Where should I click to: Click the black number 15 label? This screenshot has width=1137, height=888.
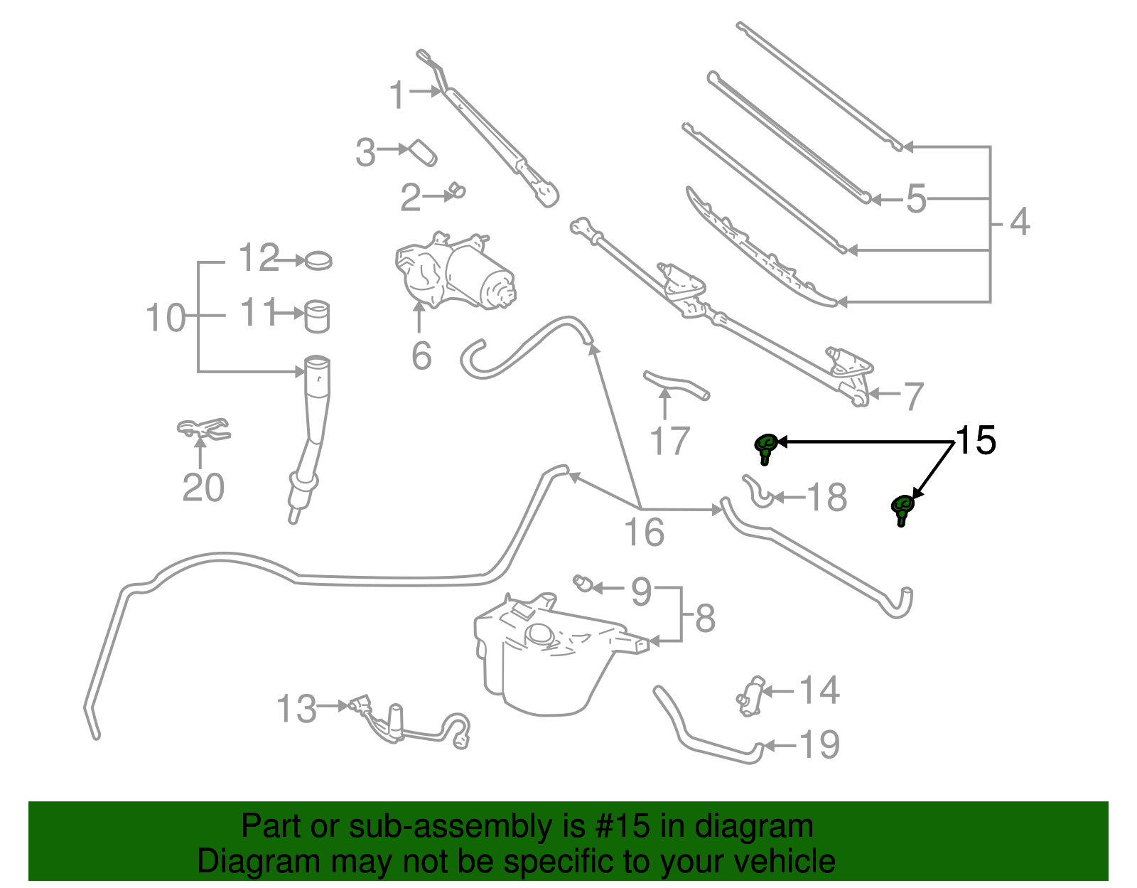pos(976,441)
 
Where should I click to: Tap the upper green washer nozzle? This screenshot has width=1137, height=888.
pos(765,446)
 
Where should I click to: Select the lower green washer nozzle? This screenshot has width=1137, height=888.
pos(902,508)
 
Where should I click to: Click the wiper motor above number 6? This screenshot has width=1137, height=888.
pos(455,274)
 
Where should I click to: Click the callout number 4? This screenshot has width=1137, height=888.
pos(1019,223)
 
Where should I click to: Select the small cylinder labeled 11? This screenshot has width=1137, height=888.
pos(317,316)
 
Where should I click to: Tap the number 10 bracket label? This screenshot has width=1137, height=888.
pos(165,318)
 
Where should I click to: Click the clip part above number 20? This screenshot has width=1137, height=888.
pos(203,429)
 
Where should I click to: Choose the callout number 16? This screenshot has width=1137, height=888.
pos(644,533)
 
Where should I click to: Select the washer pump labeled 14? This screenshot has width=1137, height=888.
pos(751,695)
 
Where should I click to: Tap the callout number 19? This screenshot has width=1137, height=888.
pos(819,745)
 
